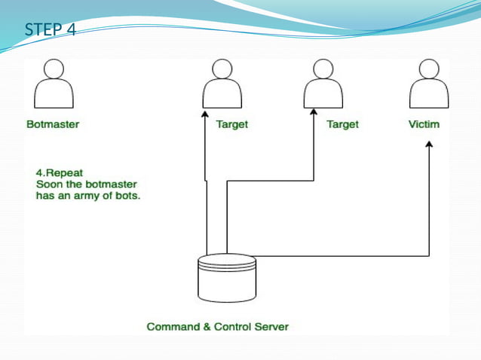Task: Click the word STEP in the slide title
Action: coord(41,30)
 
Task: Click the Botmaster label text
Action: coord(53,124)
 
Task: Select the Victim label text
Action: coord(424,124)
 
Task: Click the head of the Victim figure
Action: coord(428,69)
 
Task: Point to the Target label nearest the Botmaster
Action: coord(231,124)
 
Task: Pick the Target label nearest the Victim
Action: coord(342,124)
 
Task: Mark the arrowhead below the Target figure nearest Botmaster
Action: coord(204,115)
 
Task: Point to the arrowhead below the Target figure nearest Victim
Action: coord(314,115)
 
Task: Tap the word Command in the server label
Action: coord(172,327)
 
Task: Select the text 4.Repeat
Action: coord(60,172)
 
